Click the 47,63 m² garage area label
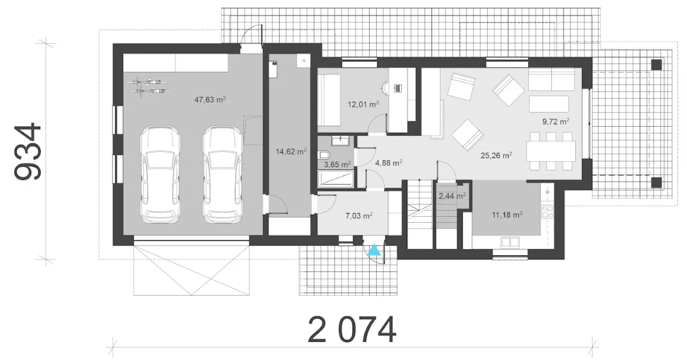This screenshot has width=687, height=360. (x=210, y=100)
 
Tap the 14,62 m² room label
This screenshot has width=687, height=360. (x=291, y=151)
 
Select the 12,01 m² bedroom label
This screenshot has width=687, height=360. (x=363, y=104)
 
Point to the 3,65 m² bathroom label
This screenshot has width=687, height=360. (x=338, y=164)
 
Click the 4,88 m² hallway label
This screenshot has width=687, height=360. (x=389, y=163)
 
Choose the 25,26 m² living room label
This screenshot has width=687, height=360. (x=496, y=155)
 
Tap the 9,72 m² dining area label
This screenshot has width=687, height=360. (x=556, y=121)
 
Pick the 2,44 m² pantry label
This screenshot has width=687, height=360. (x=452, y=196)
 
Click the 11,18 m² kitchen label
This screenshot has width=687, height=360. (x=507, y=215)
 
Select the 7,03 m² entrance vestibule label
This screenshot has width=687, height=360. (x=359, y=216)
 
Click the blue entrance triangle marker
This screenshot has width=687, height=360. (x=374, y=250)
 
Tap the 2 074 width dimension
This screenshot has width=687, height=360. (x=352, y=329)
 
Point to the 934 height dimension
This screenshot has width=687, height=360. (x=27, y=151)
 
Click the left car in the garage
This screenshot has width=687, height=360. (x=159, y=174)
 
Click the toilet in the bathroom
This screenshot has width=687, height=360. (x=324, y=155)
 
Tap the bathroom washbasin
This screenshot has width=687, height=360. (x=340, y=141)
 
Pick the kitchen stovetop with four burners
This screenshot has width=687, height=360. (x=547, y=211)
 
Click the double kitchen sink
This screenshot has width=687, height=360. (x=510, y=243)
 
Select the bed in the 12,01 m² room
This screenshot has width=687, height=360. (x=329, y=100)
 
